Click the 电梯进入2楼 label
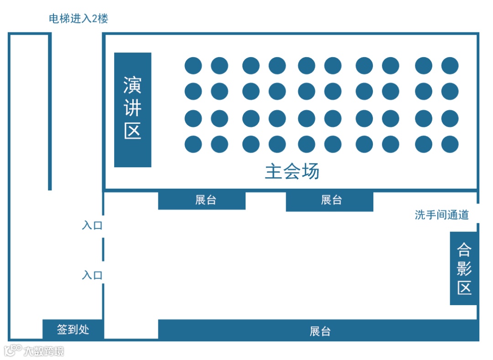pos(79,19)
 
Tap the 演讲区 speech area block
pos(132,110)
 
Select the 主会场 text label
pos(292,172)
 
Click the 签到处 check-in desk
pos(73,329)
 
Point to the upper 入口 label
pos(92,226)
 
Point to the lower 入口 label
pos(92,275)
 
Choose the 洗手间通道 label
pos(441,215)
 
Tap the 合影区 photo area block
pos(464,269)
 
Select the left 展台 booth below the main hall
pos(202,200)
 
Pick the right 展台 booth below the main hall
pos(330,201)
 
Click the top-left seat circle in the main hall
pos(193,66)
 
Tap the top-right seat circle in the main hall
pos(450,66)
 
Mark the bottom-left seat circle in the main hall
pos(193,144)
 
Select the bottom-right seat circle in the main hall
pos(450,144)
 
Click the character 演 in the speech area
pos(132,85)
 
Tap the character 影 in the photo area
pos(464,269)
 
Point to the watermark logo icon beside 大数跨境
pos(13,350)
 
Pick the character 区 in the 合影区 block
pos(464,288)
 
